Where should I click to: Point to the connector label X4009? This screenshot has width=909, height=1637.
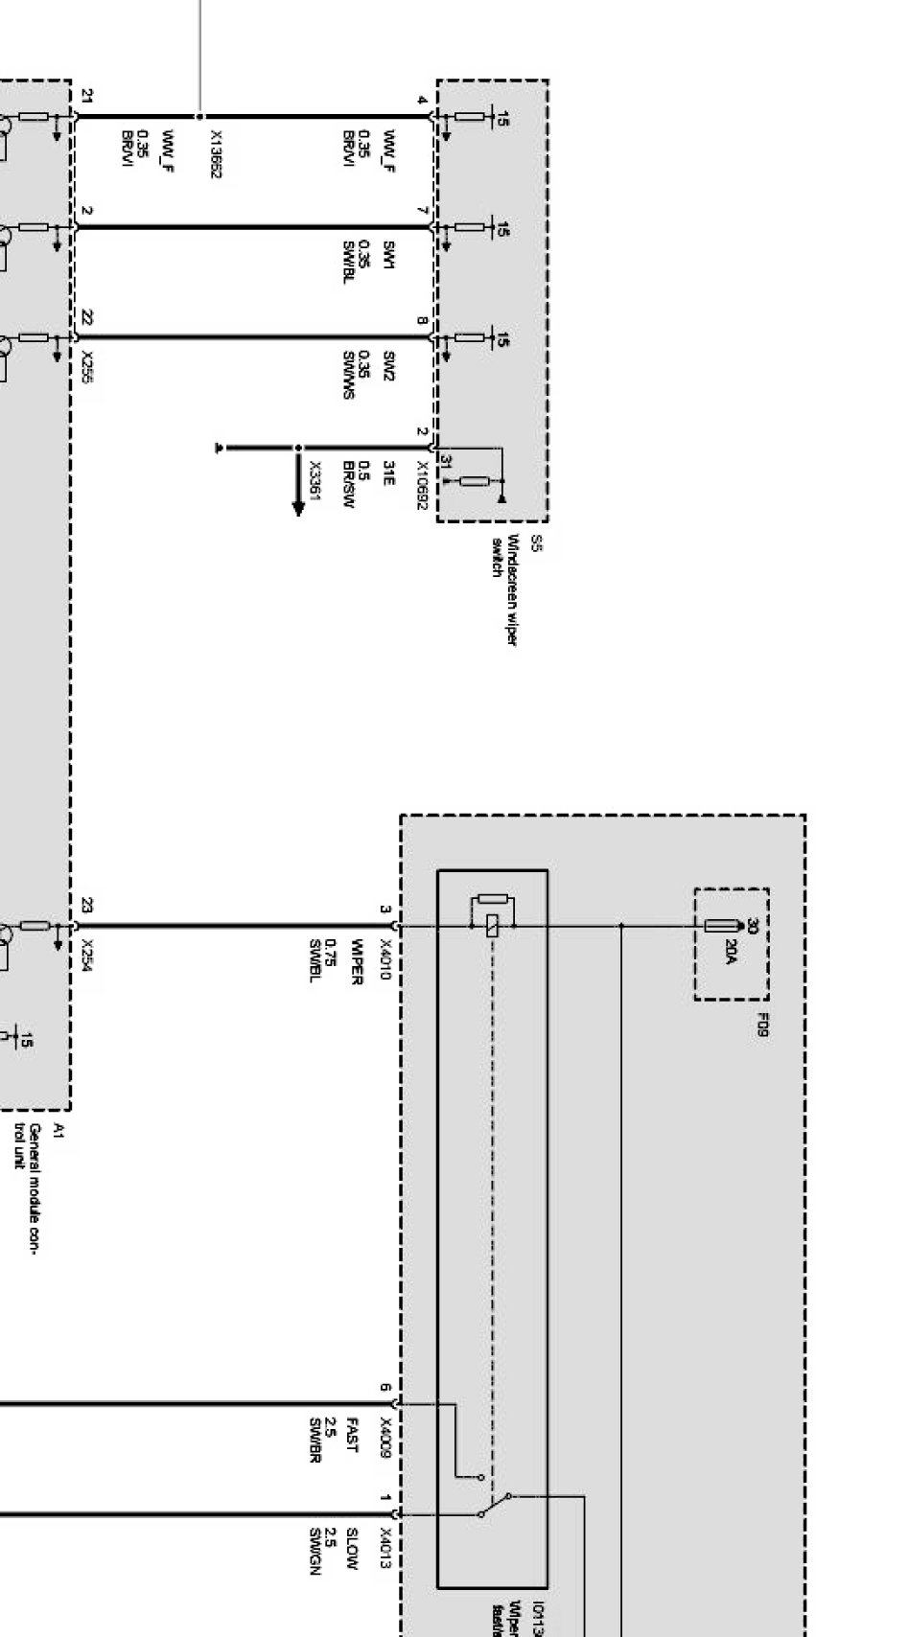(386, 1438)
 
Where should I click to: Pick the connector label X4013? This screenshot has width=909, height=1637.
(386, 1548)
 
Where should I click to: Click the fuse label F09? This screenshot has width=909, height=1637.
(762, 1025)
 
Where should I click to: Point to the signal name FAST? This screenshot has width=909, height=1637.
(352, 1436)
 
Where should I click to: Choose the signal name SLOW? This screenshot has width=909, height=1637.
(352, 1544)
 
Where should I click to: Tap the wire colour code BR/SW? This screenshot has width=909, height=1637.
(350, 486)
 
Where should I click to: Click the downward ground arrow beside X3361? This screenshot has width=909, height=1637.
(298, 506)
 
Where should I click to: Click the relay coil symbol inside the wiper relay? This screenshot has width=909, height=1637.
(493, 926)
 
